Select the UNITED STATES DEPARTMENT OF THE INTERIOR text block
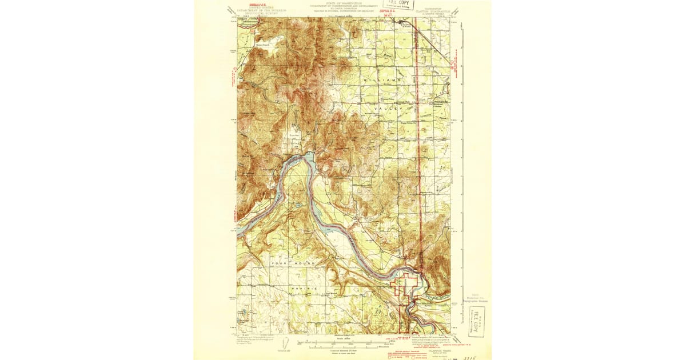(x=255, y=7)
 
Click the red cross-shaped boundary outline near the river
(x=406, y=283)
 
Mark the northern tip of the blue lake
(x=309, y=153)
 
